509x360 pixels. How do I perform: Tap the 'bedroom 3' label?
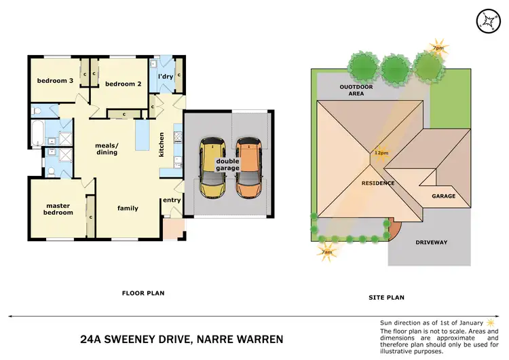click(x=55, y=81)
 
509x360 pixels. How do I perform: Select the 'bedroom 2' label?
click(x=123, y=84)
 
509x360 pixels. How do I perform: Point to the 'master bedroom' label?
click(x=59, y=209)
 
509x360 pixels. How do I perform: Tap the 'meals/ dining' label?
click(x=107, y=148)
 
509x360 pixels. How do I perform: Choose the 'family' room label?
click(x=128, y=208)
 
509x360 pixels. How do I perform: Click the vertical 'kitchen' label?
click(x=162, y=143)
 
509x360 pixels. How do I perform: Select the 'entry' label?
click(x=171, y=200)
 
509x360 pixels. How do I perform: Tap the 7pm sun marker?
click(x=438, y=48)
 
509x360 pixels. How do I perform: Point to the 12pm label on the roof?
click(x=381, y=153)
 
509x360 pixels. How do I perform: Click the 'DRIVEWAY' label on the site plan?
click(x=431, y=242)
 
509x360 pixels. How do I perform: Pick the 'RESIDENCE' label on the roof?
click(x=378, y=183)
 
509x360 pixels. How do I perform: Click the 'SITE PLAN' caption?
click(x=385, y=298)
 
